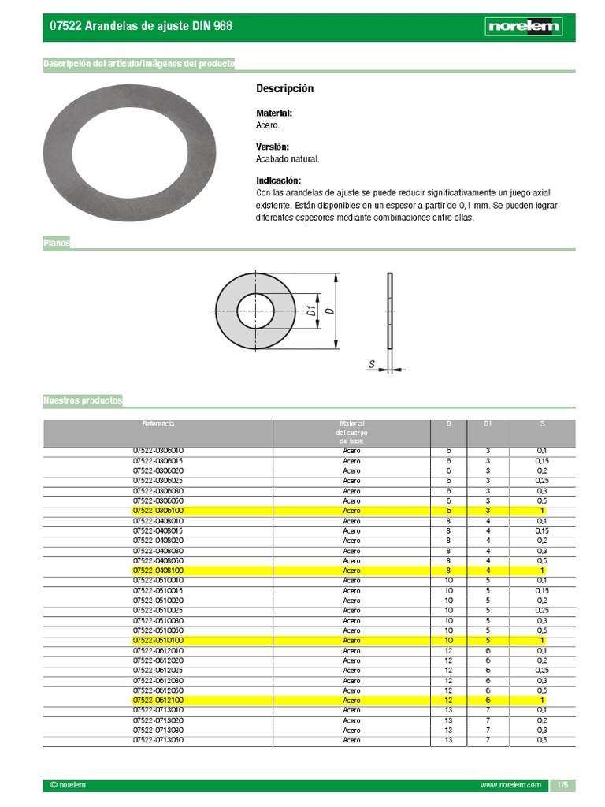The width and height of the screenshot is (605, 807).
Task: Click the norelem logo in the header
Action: [x=523, y=27]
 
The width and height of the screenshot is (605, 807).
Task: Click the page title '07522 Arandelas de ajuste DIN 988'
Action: [x=141, y=26]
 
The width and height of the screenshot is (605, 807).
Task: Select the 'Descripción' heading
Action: [x=284, y=88]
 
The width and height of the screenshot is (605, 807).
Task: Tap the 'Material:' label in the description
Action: [x=274, y=113]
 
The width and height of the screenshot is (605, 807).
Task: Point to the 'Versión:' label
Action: [x=273, y=147]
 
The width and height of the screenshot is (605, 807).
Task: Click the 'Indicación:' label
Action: [x=278, y=181]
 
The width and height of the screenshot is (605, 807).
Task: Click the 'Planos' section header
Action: [x=57, y=244]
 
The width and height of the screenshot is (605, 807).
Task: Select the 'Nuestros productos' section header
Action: [x=83, y=401]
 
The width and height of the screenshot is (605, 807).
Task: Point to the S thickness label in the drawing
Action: [x=371, y=363]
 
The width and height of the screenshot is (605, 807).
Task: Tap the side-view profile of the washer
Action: [x=389, y=311]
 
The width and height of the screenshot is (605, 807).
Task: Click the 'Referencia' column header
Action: [x=158, y=424]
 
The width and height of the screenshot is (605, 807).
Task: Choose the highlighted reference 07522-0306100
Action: [x=158, y=511]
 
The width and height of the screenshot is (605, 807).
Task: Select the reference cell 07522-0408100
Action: [x=158, y=571]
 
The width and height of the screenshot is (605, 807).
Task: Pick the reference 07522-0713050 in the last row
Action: [x=158, y=740]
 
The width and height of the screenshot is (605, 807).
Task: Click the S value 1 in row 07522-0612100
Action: [x=542, y=700]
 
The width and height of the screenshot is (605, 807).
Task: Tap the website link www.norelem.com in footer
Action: [x=510, y=786]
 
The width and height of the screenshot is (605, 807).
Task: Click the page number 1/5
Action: [x=562, y=786]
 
